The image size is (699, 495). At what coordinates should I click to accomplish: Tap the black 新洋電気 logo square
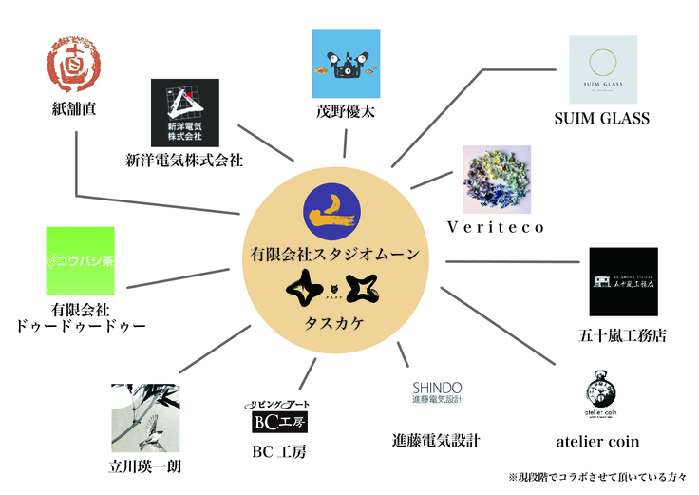pyautogui.click(x=185, y=110)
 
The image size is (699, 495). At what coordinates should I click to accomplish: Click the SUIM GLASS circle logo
pyautogui.click(x=601, y=70)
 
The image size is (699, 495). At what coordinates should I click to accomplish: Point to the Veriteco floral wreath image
pyautogui.click(x=496, y=180)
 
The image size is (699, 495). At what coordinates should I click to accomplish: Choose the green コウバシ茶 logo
pyautogui.click(x=80, y=260)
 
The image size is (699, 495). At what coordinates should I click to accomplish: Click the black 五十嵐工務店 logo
pyautogui.click(x=623, y=281)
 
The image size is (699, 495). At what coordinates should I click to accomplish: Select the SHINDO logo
pyautogui.click(x=436, y=393)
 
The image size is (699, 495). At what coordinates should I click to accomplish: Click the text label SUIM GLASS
pyautogui.click(x=601, y=119)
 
